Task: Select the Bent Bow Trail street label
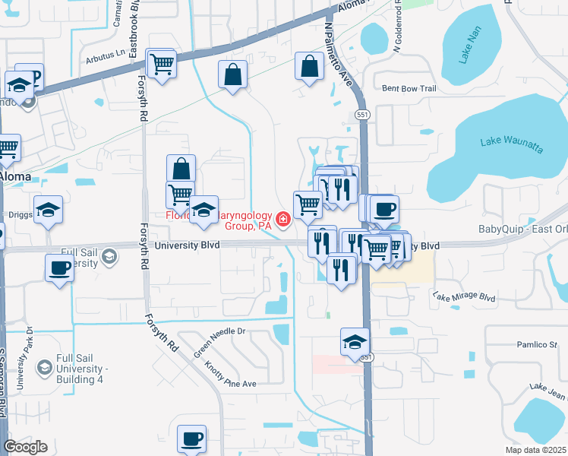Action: click(409, 89)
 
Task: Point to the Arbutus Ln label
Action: click(104, 53)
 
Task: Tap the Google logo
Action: click(25, 447)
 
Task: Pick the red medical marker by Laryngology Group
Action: click(283, 220)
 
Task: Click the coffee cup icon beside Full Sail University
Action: click(58, 268)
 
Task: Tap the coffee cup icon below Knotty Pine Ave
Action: click(191, 438)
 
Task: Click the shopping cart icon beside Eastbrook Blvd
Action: click(162, 63)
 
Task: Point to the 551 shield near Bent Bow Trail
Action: click(363, 114)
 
